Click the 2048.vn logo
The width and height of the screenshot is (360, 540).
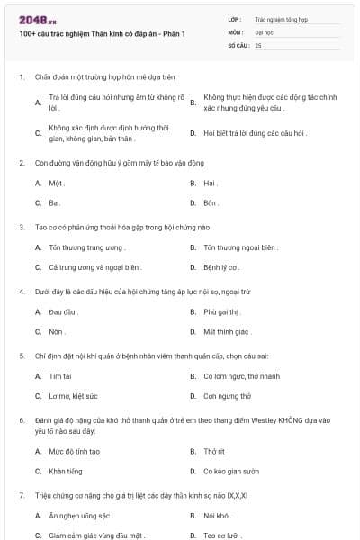(38, 20)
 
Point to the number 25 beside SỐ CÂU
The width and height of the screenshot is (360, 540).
(259, 44)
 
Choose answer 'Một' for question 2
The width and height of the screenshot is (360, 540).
(57, 183)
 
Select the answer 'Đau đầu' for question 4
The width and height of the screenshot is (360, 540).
(60, 310)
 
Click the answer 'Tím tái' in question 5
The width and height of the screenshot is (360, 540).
(60, 375)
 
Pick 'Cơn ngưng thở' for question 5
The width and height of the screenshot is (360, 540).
(227, 396)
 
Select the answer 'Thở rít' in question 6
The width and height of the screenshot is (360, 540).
(214, 450)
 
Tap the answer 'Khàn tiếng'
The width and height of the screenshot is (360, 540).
(66, 471)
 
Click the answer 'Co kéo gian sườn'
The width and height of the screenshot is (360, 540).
(231, 471)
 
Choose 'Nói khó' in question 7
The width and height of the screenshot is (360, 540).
(217, 515)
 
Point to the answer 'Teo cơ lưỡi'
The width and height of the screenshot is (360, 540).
(221, 535)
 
